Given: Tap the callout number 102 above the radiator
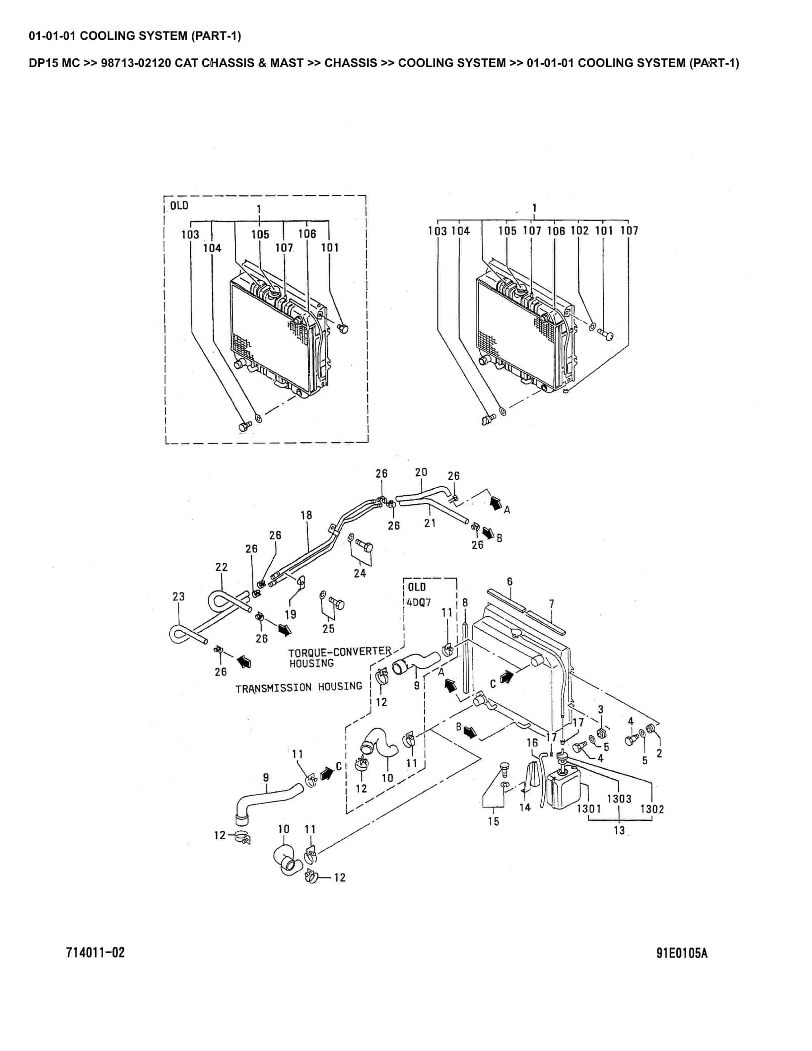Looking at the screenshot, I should click(x=579, y=231).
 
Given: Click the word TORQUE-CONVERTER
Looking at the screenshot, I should click(x=340, y=652).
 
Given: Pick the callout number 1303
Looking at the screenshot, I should click(x=619, y=799).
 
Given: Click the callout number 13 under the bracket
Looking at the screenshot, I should click(x=619, y=830).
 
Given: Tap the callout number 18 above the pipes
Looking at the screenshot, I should click(x=306, y=516).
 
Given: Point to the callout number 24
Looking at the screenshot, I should click(x=360, y=573).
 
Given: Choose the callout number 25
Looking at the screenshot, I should click(x=329, y=628).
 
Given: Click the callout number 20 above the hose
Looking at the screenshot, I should click(x=421, y=472).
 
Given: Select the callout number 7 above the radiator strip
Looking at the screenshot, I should click(x=551, y=603).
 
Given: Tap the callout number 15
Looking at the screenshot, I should click(x=494, y=821).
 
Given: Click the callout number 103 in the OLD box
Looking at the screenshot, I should click(x=190, y=235).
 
